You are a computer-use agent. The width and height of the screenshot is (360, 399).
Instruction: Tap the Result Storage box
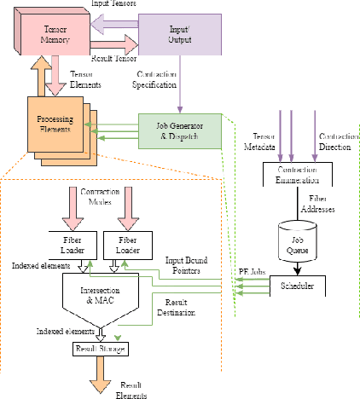point(99,350)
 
